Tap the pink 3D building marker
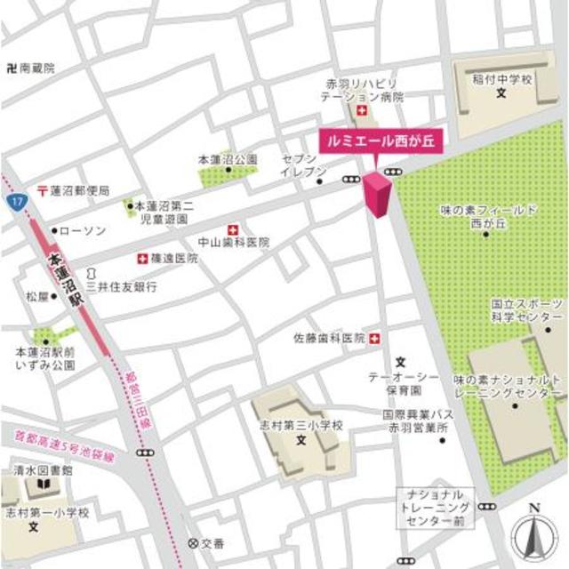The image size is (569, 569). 376,194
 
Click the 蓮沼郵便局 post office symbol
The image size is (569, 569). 42,190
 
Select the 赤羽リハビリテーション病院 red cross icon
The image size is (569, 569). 361,110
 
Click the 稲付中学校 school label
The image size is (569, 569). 501,79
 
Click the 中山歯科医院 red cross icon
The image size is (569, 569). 233,228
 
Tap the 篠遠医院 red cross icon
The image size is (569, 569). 141,258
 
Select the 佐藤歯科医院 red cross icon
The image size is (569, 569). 373,338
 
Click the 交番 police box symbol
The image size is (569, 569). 193,542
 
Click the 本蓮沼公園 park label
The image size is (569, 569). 228,159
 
